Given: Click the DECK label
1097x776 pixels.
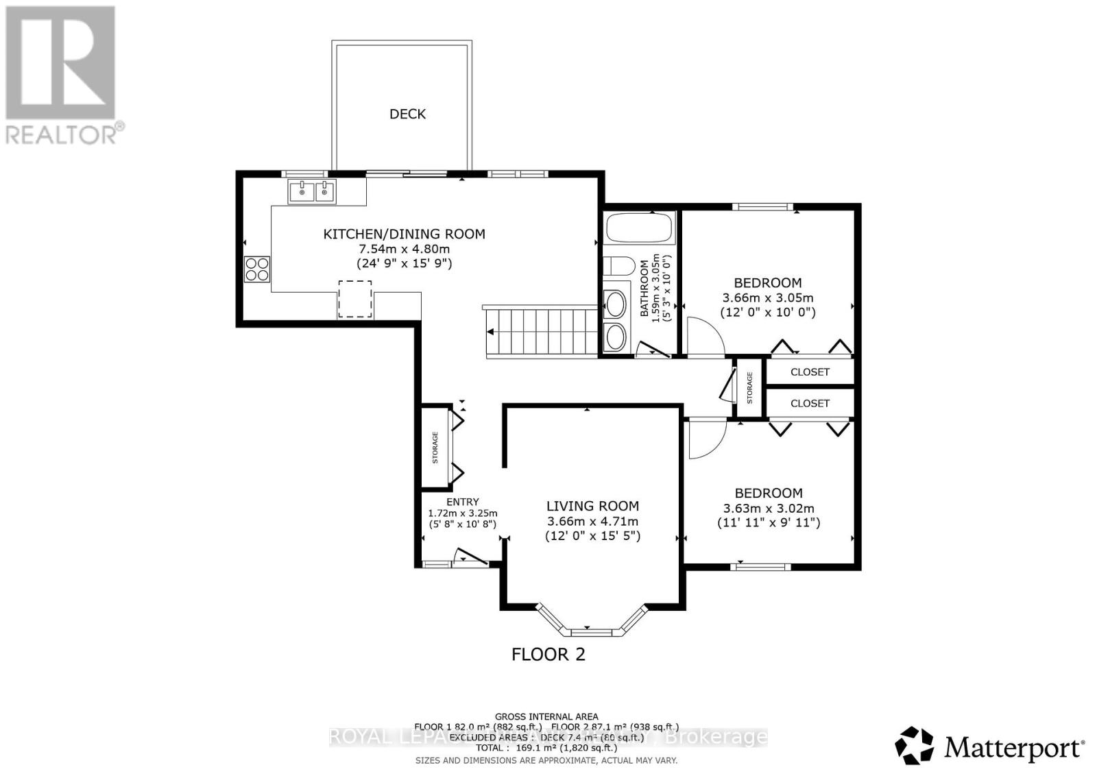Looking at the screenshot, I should [407, 114].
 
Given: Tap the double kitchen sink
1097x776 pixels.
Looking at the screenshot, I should [312, 191].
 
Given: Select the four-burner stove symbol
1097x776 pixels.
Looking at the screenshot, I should [257, 268].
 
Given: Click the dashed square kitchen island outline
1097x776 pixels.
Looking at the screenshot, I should [354, 298].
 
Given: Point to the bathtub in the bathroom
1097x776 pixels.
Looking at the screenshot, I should [640, 228].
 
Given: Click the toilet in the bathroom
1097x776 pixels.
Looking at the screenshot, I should [618, 267].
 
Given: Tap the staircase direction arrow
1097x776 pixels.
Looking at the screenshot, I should [490, 332].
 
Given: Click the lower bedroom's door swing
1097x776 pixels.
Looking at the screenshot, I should [706, 439].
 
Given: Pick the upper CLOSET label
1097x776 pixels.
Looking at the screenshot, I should [810, 372].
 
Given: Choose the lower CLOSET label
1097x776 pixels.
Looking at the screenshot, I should [810, 403].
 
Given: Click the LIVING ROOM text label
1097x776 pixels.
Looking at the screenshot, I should [592, 506].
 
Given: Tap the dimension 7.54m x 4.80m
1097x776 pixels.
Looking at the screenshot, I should [404, 249].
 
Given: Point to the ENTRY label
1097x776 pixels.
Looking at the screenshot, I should [462, 502].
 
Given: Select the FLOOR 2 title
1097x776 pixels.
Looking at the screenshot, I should [548, 654].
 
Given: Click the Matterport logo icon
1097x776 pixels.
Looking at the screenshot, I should [915, 745].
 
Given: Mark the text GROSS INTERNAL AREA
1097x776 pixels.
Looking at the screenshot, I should [546, 716].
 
